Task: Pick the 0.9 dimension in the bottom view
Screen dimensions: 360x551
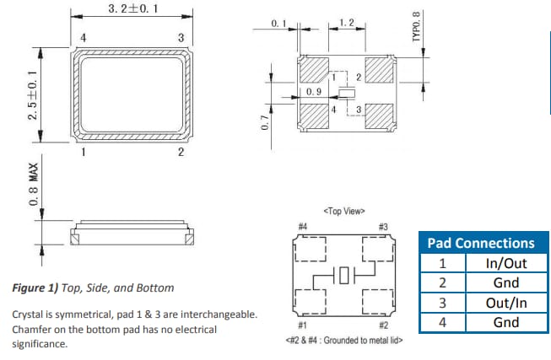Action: tap(313, 89)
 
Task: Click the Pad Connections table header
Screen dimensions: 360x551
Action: tap(481, 243)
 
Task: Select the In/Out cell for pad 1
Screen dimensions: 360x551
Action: tap(505, 263)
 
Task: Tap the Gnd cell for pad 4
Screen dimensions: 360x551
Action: tap(505, 322)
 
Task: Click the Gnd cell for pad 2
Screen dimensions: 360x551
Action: tap(505, 282)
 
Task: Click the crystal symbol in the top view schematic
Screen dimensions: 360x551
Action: tap(343, 275)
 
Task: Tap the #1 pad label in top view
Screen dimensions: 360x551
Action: tap(302, 324)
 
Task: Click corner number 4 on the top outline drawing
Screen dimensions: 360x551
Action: tap(83, 38)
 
